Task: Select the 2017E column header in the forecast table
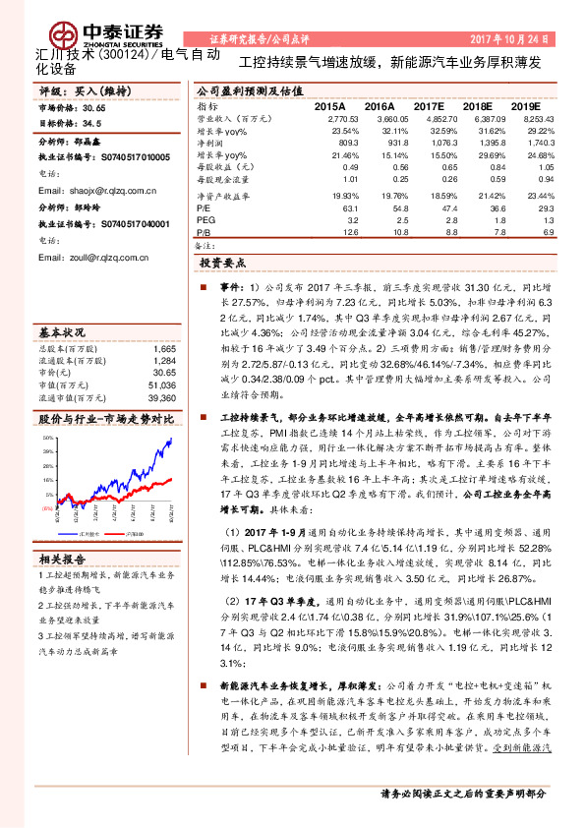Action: point(430,104)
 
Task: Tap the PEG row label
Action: point(207,220)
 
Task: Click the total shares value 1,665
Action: point(164,348)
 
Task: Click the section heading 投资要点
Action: point(222,264)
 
